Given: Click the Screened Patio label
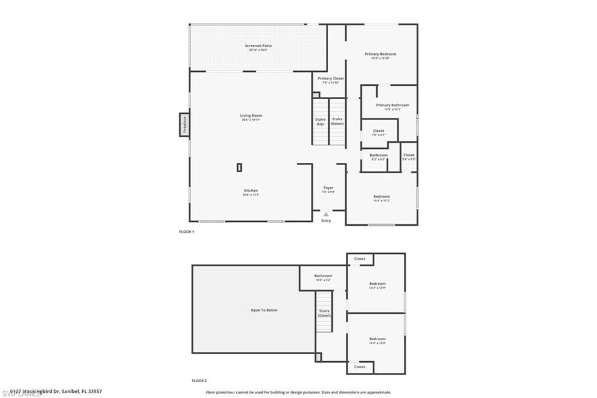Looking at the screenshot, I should click(x=258, y=46).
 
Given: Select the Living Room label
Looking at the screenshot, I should click(x=251, y=116).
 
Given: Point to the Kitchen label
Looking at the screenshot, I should click(x=251, y=191).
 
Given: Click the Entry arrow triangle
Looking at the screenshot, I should click(x=326, y=214).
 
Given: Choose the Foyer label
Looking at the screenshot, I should click(x=329, y=188).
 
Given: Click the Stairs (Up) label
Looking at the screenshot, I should click(x=320, y=121).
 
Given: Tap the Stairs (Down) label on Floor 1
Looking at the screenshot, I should click(x=338, y=121).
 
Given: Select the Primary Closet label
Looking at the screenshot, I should click(x=331, y=78).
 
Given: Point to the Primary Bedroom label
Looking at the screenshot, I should click(x=380, y=54).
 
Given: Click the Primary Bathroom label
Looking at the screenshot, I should click(x=392, y=105).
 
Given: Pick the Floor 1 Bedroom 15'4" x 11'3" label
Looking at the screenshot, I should click(x=381, y=197).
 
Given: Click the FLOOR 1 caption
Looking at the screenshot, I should click(x=186, y=232).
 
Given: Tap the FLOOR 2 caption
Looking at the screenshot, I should click(x=199, y=380).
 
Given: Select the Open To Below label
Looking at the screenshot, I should click(x=264, y=310).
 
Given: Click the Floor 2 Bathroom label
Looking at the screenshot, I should click(x=323, y=276).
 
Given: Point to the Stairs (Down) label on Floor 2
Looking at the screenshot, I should click(x=324, y=313).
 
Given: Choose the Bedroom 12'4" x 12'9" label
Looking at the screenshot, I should click(x=377, y=284).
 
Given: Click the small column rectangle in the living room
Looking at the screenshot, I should click(x=239, y=167).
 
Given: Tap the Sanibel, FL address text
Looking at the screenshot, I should click(x=52, y=392).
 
